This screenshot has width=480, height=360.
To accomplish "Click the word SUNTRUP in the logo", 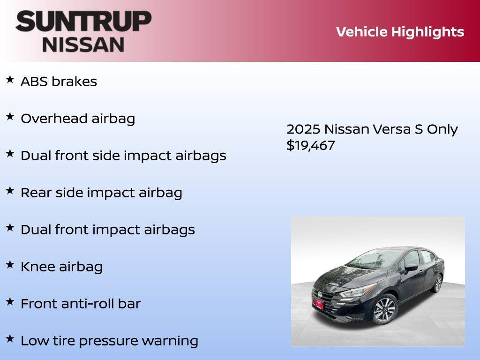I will pos(83,21).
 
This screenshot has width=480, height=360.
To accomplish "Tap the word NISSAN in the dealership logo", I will pos(83,44).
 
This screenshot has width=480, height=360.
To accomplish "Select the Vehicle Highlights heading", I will pos(400,32).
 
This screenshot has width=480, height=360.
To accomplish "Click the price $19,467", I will pos(311,145).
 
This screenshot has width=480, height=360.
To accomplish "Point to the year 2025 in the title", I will pos(303,129).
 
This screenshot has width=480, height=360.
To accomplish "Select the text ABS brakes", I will pos(59,82).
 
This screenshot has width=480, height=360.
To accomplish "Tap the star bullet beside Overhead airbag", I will pos(10,117).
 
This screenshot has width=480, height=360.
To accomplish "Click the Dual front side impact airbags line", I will pos(123,156).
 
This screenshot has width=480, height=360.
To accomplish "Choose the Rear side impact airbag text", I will pos(101,193).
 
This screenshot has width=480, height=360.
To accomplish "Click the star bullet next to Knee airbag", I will pos(10,265).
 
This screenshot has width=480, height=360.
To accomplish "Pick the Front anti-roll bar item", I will pos(81,304).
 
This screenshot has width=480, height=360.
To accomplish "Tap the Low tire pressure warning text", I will pos(109,341).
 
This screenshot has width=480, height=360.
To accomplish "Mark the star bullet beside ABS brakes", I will pos(10,80).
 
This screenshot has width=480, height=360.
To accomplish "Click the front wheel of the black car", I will pos(385,309).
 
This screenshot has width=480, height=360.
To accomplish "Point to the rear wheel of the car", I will pos(437,283).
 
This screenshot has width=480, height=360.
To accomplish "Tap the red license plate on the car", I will pos(319,303).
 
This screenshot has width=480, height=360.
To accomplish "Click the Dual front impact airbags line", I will pos(108,230).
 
